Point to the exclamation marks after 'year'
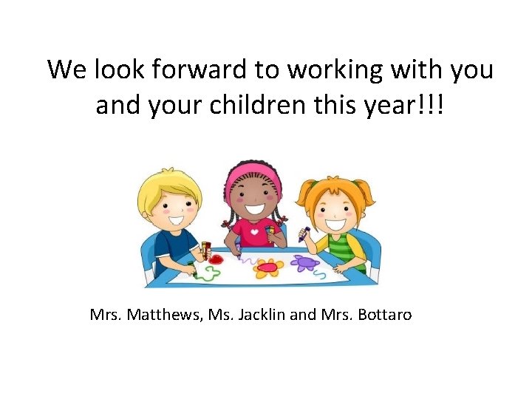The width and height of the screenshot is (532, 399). [x=434, y=106]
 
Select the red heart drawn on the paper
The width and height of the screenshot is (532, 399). [x=216, y=259]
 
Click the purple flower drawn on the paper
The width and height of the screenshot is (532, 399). [x=304, y=262]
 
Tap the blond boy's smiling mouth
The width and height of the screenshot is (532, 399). [x=176, y=219]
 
